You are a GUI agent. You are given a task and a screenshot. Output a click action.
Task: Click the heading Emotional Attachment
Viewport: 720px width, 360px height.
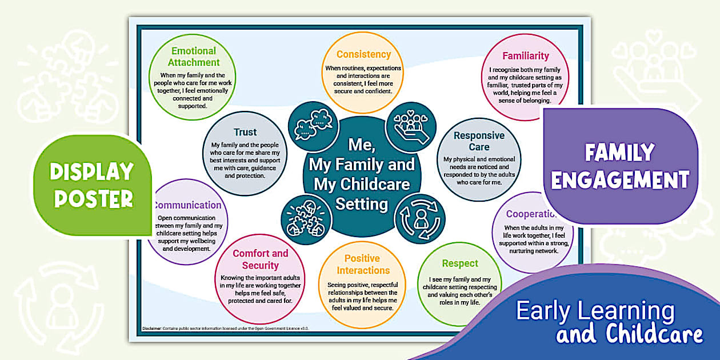coord(194,57)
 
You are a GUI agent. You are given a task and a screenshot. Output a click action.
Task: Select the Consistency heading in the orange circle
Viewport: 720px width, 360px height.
coord(363,54)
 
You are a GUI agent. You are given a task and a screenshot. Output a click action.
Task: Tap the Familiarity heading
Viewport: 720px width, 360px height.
coord(525,56)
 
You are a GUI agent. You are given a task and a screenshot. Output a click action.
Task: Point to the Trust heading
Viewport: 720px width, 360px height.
coord(245,132)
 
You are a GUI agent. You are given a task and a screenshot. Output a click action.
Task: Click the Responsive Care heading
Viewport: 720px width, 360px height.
coord(479,141)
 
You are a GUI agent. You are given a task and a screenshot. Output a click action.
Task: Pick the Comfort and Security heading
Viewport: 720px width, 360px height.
coord(260,259)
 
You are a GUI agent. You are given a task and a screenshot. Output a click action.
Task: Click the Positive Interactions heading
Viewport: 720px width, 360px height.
coord(363,265)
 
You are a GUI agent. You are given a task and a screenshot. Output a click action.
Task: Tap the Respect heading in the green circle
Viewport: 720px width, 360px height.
coord(460,263)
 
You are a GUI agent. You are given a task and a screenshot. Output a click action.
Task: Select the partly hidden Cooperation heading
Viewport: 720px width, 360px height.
coord(530,214)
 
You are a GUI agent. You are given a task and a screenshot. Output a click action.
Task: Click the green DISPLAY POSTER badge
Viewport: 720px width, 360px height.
coord(92,185)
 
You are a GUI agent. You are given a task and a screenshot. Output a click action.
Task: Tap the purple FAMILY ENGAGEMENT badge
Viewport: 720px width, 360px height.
coord(620,166)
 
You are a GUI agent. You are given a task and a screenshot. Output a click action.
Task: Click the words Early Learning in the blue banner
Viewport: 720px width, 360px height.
coord(595,311)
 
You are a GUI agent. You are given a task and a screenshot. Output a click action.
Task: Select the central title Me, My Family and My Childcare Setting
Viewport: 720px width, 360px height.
coord(362,174)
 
